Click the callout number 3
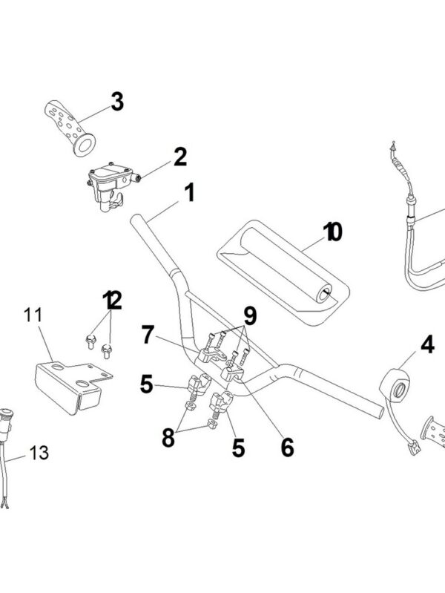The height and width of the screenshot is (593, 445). click(117, 102)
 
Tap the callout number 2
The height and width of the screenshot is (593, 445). click(179, 157)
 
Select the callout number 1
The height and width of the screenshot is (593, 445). click(189, 194)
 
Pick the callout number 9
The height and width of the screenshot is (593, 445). click(250, 315)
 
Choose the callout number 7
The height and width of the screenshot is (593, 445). click(149, 335)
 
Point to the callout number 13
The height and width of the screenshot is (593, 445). click(39, 452)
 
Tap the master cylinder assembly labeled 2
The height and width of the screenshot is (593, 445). click(110, 183)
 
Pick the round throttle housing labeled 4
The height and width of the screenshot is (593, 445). click(397, 383)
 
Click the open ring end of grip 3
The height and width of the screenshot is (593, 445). click(86, 142)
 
